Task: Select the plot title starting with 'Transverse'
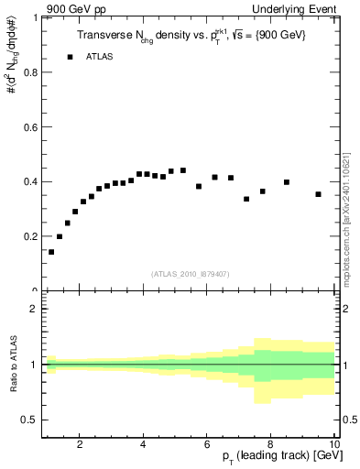tap(191, 35)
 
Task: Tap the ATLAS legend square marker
tap(70, 57)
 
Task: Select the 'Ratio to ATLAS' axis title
tap(13, 365)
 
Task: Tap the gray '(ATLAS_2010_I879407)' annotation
tap(189, 273)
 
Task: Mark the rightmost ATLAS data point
tap(318, 194)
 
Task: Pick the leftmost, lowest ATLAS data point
tap(51, 252)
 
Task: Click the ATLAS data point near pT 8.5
tap(287, 182)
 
